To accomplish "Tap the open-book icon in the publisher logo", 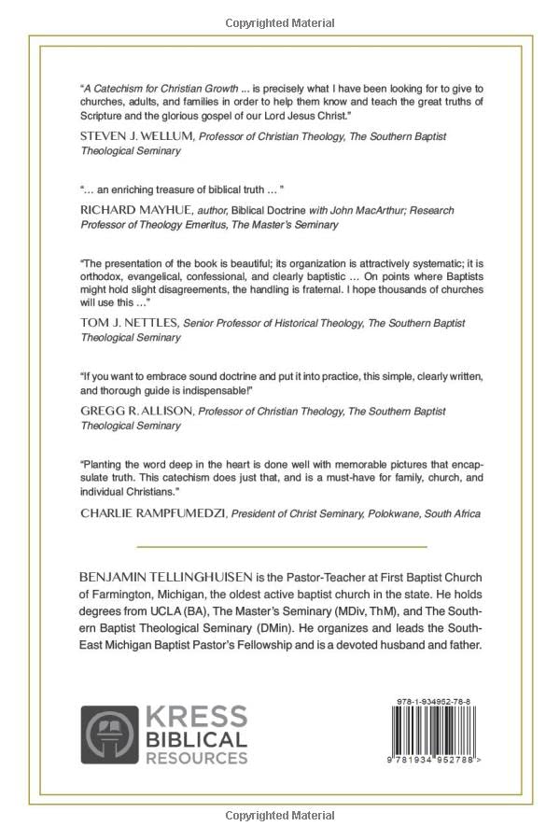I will click(x=109, y=735).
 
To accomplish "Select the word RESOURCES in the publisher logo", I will click(x=196, y=758).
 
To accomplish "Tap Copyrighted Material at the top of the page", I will click(x=280, y=22).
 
